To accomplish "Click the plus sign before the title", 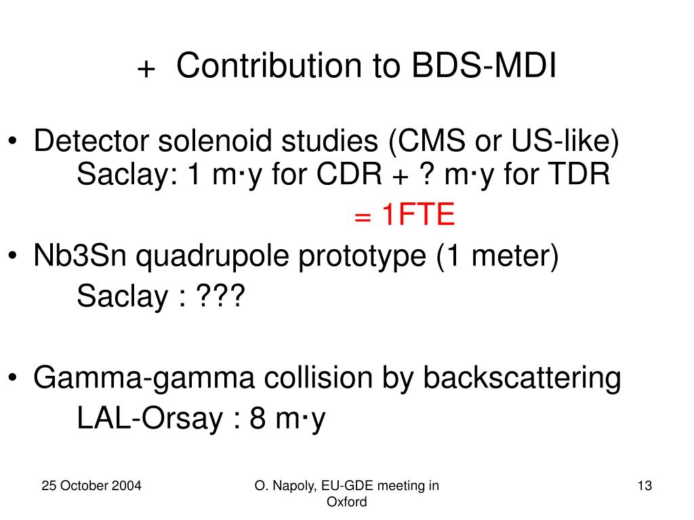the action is pos(146,69).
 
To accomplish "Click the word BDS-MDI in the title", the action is pos(484,66).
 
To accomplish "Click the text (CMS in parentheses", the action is pos(427,141).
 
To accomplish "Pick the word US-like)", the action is pos(565,141).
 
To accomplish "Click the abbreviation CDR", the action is pos(349,174).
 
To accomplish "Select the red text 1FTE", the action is pos(418,215).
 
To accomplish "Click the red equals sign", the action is pos(363,217).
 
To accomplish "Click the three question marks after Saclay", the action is pos(220,296).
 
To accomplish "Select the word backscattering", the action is pos(523,378).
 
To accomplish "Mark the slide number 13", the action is pos(645,486).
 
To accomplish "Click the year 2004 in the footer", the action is pos(127,486).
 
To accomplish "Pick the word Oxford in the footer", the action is pos(346,502).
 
